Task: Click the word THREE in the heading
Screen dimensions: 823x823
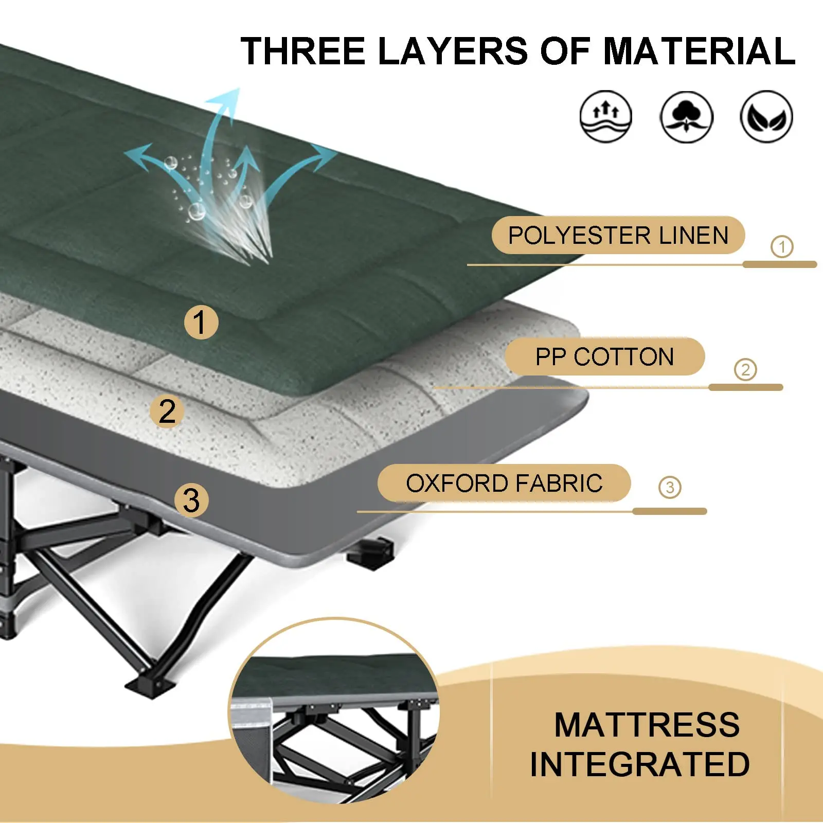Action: [303, 51]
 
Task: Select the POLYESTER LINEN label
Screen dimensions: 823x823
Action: [618, 236]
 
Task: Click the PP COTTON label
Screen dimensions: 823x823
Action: [604, 356]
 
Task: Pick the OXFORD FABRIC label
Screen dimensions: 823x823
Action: [504, 483]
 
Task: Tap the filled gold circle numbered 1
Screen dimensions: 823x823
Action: [201, 323]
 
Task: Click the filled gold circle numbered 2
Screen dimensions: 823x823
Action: [167, 411]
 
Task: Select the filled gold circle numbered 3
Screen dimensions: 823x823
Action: [191, 500]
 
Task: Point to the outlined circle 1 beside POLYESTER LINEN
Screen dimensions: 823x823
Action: [782, 246]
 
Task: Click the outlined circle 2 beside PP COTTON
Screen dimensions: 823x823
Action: [745, 369]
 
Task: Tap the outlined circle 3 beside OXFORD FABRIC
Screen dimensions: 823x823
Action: [670, 487]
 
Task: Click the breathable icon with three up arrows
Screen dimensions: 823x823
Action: [605, 117]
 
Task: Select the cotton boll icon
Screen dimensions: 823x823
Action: [686, 117]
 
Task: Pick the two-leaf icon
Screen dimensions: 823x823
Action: [766, 117]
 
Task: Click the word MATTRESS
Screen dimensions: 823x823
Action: [647, 725]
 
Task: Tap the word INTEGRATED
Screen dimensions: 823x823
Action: [639, 764]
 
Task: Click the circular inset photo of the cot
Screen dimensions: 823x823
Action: [334, 710]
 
